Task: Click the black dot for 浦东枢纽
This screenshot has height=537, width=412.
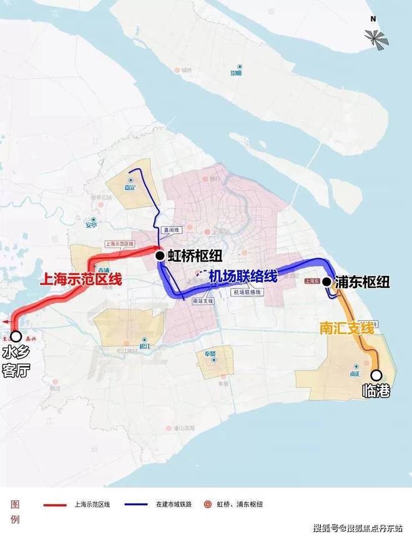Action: pyautogui.click(x=326, y=282)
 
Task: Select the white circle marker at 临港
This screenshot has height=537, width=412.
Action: pyautogui.click(x=376, y=375)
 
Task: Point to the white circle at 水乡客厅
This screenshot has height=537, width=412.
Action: pyautogui.click(x=16, y=336)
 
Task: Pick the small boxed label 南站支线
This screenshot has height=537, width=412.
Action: pyautogui.click(x=203, y=301)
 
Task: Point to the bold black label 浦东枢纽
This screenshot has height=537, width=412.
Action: pyautogui.click(x=363, y=282)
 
